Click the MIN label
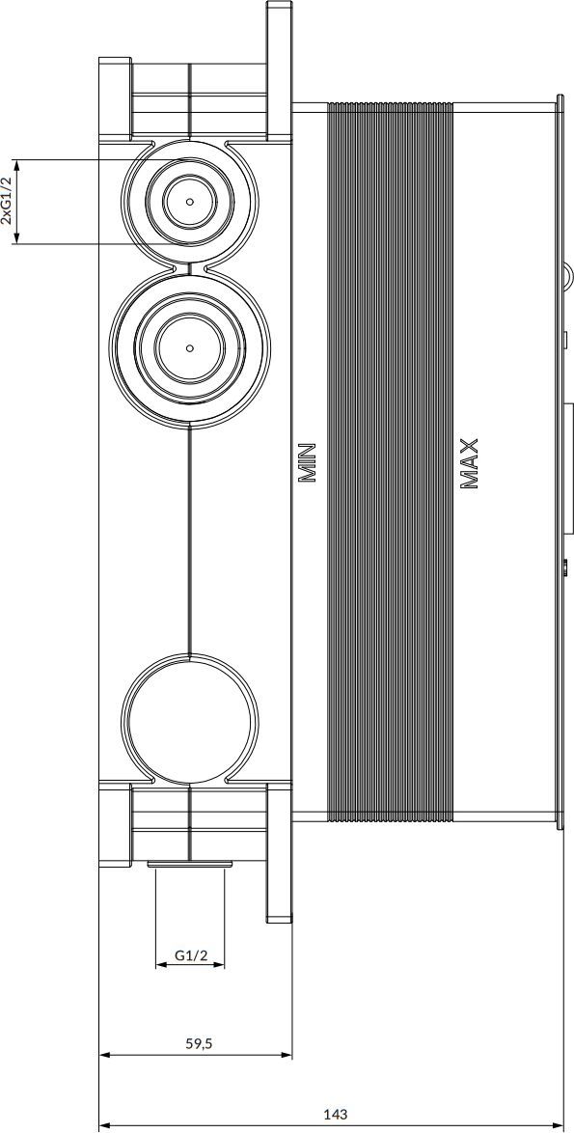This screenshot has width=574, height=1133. tap(308, 462)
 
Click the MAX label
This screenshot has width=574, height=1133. tap(469, 464)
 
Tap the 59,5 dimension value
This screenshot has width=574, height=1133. tap(197, 1043)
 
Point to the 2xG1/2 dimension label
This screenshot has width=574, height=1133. tap(7, 201)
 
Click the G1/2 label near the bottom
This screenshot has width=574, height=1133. tap(191, 955)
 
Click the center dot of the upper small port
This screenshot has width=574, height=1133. tap(190, 202)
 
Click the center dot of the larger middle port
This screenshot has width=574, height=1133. tap(190, 347)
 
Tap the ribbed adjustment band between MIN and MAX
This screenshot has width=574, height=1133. tap(391, 462)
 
